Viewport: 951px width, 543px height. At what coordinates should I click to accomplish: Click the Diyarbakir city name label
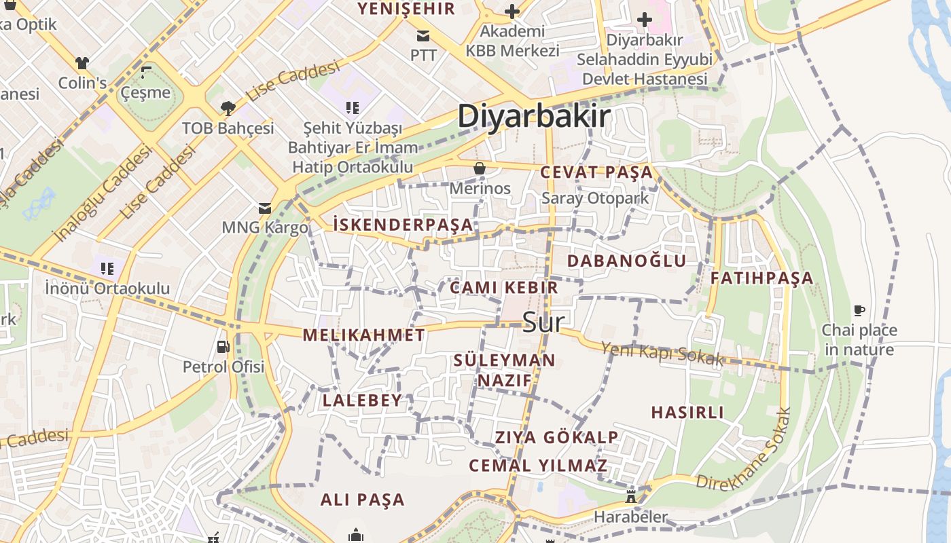[x=534, y=116]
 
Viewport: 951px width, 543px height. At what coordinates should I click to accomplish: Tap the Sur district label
[x=543, y=322]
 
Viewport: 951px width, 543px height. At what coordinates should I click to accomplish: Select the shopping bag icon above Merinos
[x=480, y=168]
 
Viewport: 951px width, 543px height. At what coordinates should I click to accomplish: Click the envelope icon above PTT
[x=423, y=35]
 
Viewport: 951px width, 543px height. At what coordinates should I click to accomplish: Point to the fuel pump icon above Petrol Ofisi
[x=223, y=347]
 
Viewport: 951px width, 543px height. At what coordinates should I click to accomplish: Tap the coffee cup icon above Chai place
[x=859, y=311]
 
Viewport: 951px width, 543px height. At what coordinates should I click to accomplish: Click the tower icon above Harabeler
[x=630, y=497]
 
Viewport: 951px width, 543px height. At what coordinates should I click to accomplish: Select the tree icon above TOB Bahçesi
[x=228, y=108]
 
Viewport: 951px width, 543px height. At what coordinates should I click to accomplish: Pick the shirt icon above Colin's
[x=82, y=63]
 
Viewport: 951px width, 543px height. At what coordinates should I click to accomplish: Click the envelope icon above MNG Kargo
[x=265, y=208]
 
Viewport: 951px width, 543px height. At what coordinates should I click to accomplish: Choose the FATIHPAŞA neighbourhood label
[x=761, y=278]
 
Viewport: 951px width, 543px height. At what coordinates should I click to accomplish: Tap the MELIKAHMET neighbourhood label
[x=363, y=335]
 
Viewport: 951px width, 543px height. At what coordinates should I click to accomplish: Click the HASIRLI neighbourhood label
[x=687, y=412]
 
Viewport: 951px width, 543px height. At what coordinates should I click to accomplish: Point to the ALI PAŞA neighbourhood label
[x=362, y=500]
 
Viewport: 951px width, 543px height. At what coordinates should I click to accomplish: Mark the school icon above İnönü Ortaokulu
[x=106, y=269]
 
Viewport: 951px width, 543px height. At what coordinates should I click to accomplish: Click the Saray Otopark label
[x=595, y=198]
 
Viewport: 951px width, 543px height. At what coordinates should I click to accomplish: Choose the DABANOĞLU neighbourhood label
[x=626, y=261]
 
